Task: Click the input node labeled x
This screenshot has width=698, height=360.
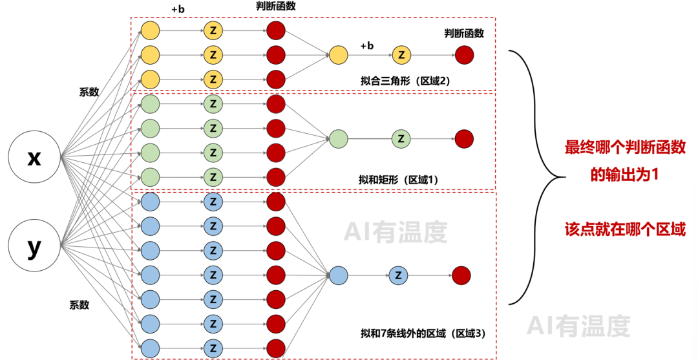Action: coord(34,157)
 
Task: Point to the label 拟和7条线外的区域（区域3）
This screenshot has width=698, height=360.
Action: coord(423,334)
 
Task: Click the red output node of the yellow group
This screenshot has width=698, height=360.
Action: coord(464,55)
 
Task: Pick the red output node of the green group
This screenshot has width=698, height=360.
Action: coord(464,138)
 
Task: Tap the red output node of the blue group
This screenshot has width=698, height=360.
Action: coord(461,276)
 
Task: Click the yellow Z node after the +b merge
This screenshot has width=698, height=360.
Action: coord(401,55)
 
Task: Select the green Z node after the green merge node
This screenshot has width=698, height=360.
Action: coord(401,138)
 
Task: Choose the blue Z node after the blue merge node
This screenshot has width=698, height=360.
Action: coord(398,276)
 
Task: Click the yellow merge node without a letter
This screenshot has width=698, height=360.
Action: coord(338,55)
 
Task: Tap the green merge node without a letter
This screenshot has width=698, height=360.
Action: coord(338,138)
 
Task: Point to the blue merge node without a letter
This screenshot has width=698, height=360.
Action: coord(338,276)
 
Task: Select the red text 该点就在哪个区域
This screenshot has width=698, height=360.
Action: coord(625,229)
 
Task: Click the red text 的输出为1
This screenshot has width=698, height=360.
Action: coord(625,175)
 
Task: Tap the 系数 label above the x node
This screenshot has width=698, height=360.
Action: coord(89,92)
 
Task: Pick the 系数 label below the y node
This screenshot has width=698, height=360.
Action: coord(79,304)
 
